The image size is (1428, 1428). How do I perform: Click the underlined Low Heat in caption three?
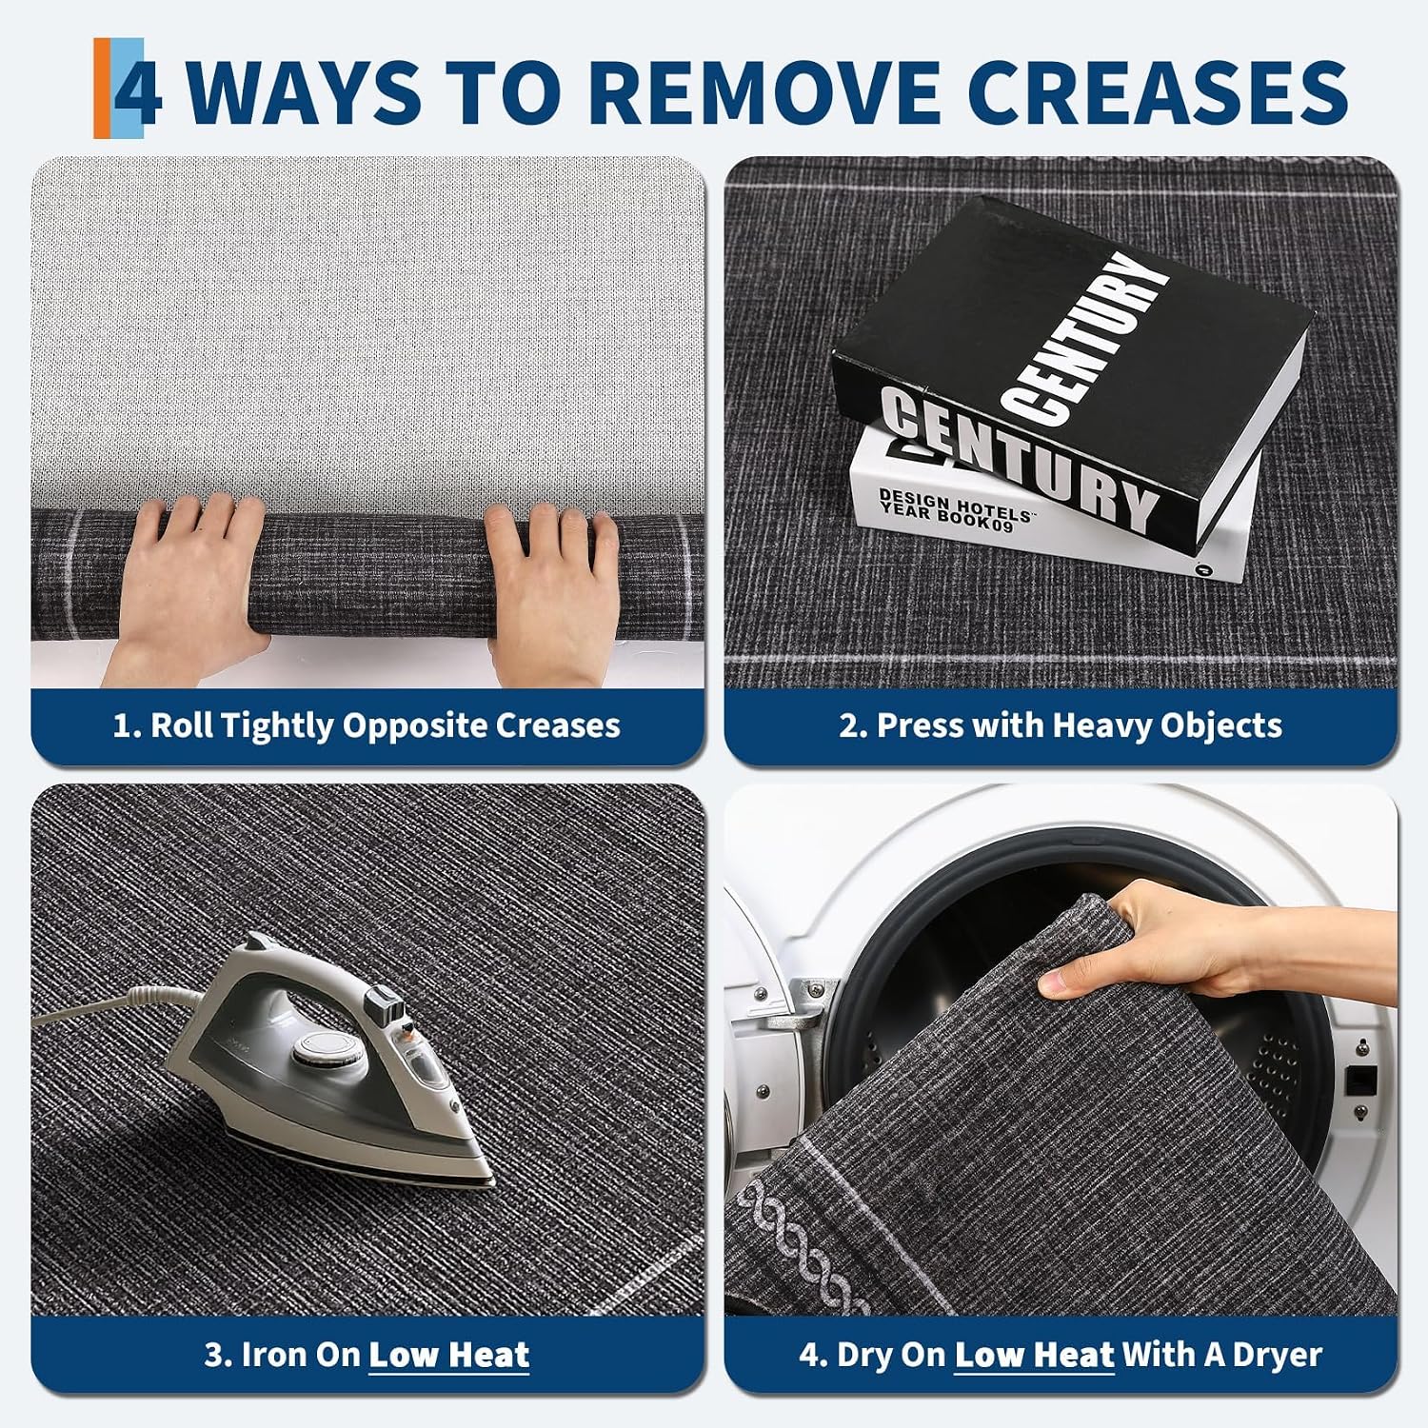point(448,1355)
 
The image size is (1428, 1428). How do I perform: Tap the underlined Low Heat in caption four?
point(1034,1355)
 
